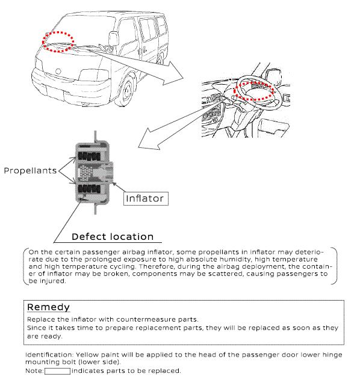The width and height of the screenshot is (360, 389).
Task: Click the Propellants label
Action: tap(30, 171)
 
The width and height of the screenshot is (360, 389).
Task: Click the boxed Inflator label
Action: tap(146, 198)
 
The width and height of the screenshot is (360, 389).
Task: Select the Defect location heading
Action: tap(113, 237)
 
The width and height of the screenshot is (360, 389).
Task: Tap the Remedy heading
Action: tap(48, 307)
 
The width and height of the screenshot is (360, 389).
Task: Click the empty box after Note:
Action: tap(57, 371)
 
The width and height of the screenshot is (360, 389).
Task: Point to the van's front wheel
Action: tap(126, 91)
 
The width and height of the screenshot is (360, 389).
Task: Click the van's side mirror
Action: tap(113, 38)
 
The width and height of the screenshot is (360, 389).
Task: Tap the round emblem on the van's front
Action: tap(58, 72)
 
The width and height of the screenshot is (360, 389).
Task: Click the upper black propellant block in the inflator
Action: tap(90, 156)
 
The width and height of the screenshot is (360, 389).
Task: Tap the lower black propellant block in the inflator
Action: tap(90, 189)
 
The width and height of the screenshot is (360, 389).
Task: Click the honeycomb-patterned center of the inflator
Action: tap(85, 172)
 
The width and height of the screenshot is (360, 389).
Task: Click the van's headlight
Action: tap(94, 75)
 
